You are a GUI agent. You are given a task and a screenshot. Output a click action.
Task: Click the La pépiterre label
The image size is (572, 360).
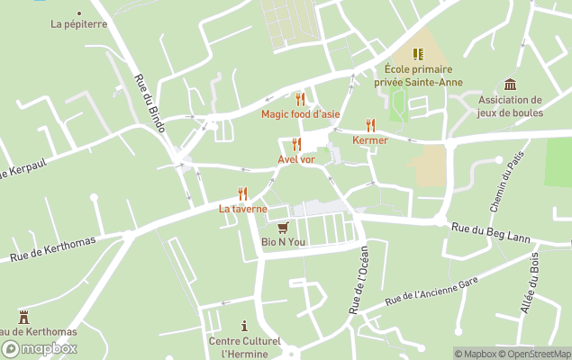[79, 24]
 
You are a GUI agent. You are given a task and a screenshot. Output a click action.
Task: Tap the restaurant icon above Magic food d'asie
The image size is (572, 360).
[301, 99]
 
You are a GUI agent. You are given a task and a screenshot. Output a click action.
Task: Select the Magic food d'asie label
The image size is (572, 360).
[301, 113]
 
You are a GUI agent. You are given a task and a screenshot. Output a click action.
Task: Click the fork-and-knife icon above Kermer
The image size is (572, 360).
[370, 125]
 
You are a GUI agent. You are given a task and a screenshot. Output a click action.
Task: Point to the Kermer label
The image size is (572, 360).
[370, 140]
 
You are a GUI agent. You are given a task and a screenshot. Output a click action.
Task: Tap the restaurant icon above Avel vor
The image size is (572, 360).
[296, 145]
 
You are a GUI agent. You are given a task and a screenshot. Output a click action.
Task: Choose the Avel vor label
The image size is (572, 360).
[296, 159]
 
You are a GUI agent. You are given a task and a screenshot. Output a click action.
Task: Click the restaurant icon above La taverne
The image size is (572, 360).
[242, 193]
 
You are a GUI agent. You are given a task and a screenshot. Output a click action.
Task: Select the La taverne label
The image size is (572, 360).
[243, 209]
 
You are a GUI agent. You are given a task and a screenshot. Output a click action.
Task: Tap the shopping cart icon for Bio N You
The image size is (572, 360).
[284, 227]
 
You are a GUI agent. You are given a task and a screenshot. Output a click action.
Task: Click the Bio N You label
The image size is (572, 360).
[284, 241]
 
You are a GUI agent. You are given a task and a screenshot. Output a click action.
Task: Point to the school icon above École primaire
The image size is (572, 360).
[418, 54]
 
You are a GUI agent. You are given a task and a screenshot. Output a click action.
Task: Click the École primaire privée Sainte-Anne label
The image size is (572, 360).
[423, 76]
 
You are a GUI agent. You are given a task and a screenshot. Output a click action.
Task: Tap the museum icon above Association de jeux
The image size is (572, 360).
[511, 85]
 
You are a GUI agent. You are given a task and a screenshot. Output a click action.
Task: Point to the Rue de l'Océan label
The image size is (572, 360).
[358, 280]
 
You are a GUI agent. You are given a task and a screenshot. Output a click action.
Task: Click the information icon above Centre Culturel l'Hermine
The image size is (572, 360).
[244, 326]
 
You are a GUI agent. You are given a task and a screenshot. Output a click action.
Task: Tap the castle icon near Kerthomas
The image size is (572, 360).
[23, 317]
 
